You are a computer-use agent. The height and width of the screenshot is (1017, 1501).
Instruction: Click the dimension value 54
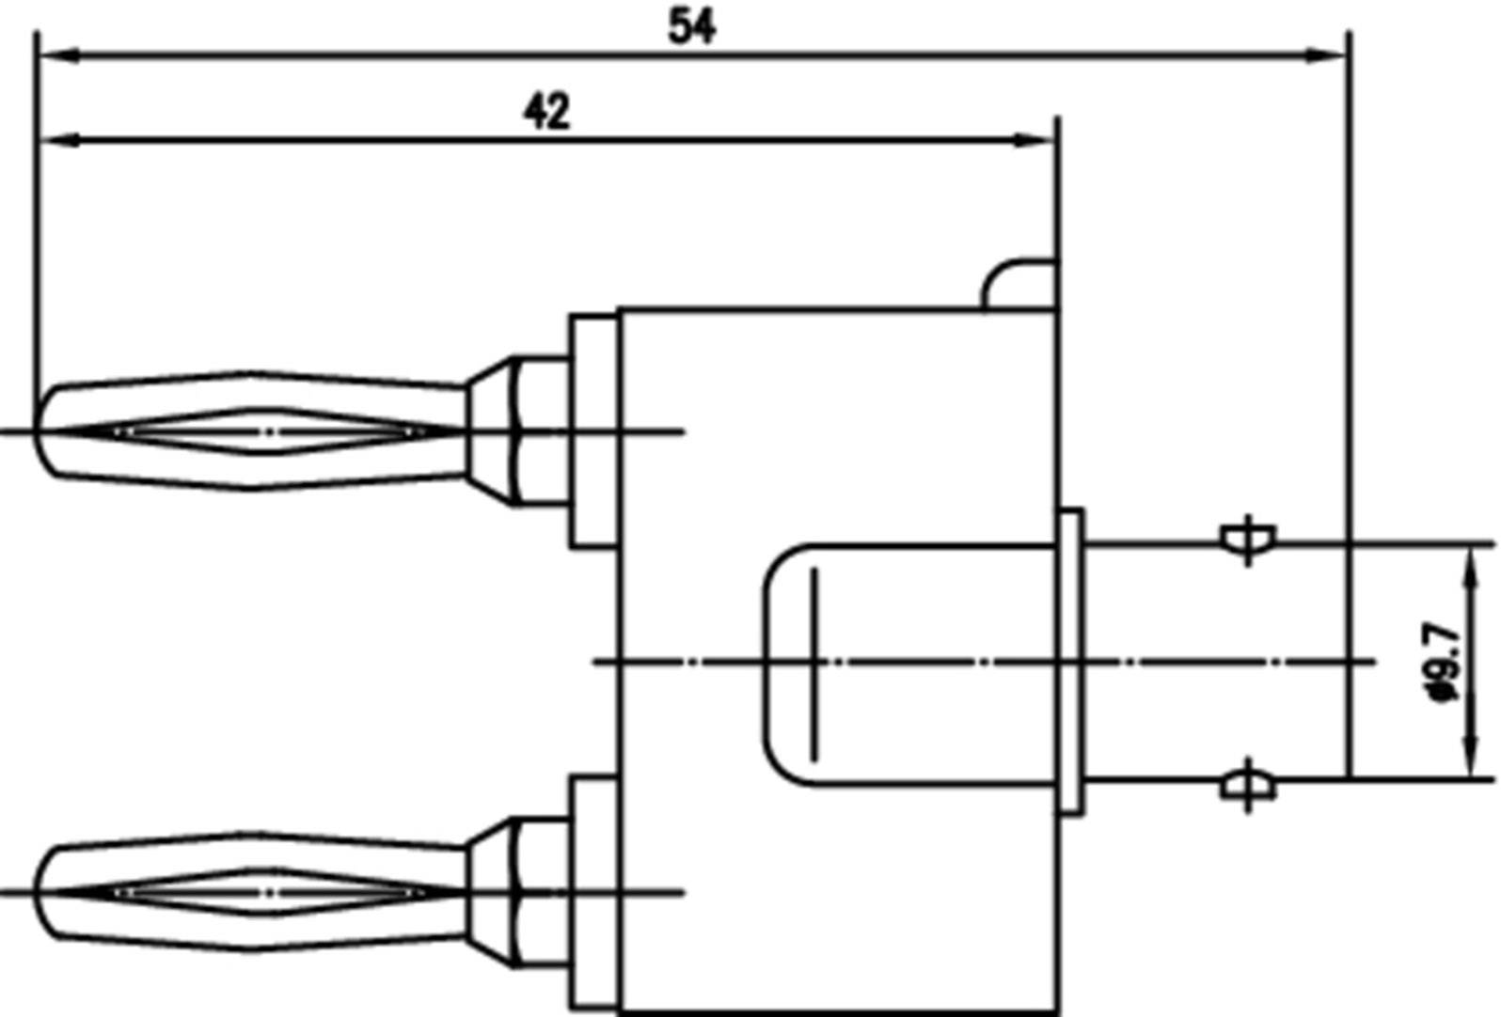click(x=691, y=26)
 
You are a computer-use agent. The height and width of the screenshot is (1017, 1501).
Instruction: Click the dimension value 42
click(x=546, y=112)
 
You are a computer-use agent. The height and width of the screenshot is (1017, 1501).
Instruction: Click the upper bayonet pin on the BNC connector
click(x=1249, y=540)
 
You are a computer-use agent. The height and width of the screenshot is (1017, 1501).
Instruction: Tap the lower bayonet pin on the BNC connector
click(x=1249, y=784)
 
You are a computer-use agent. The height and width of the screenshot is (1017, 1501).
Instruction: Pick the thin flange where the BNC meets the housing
click(x=1071, y=662)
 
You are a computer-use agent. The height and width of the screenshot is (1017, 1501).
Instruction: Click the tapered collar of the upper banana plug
click(x=492, y=431)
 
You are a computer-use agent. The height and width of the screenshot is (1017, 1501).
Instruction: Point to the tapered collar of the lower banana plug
click(x=492, y=892)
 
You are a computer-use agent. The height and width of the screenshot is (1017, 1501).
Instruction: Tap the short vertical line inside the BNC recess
click(x=814, y=662)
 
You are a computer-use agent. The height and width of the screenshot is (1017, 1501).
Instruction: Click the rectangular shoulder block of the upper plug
click(x=593, y=431)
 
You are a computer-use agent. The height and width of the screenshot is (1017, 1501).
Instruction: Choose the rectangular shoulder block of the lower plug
click(x=593, y=892)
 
